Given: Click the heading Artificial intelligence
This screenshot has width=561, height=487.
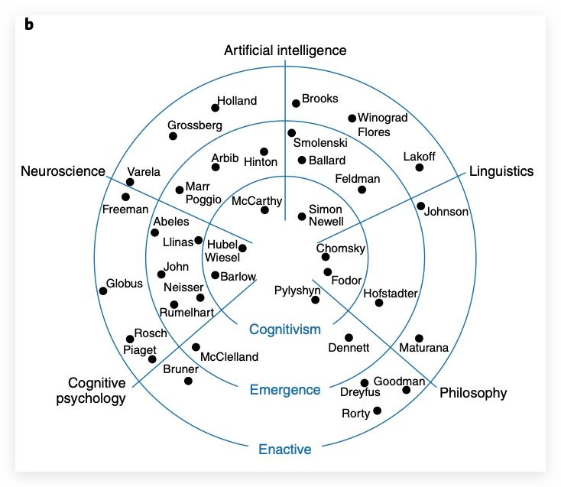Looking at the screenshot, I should click(x=285, y=50).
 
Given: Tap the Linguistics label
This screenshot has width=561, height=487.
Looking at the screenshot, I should click(x=501, y=171).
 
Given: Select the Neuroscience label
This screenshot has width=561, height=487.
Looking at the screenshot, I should click(x=63, y=171).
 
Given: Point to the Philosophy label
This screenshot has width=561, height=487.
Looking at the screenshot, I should click(x=473, y=393).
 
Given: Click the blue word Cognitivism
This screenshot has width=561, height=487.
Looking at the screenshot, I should click(x=285, y=330).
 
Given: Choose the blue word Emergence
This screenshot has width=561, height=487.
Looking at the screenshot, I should click(x=285, y=390).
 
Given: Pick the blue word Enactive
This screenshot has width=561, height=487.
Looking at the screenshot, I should click(x=285, y=449).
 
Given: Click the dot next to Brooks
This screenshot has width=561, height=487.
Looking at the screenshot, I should click(x=296, y=103).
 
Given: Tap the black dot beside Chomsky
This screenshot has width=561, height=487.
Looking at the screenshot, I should click(x=326, y=257).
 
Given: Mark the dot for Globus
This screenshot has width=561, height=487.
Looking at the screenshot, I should click(x=103, y=291).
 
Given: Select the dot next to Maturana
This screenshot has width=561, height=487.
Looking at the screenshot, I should click(x=419, y=338).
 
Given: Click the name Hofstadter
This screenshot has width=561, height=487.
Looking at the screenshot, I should click(x=391, y=292).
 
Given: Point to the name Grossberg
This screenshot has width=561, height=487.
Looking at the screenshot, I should click(x=195, y=125).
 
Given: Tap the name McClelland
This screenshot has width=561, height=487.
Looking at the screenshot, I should click(x=229, y=356).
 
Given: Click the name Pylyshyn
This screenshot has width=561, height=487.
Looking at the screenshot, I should click(x=297, y=291).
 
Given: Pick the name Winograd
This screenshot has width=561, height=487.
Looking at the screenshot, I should click(x=383, y=118).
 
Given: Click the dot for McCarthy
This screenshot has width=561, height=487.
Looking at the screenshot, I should click(x=264, y=210).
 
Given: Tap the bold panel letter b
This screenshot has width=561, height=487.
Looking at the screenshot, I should click(x=29, y=24).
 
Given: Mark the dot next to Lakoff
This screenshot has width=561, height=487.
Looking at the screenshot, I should click(x=420, y=168).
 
